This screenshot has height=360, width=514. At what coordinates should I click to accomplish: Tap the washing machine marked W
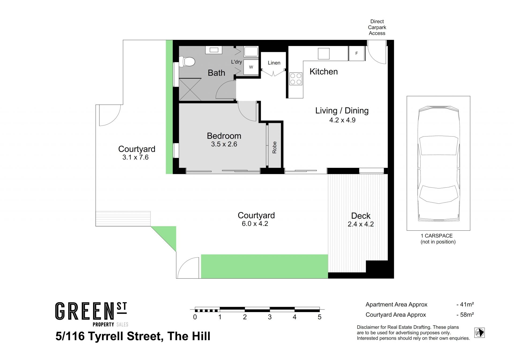click(x=251, y=67)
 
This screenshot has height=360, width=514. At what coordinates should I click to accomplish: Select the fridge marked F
click(x=357, y=54)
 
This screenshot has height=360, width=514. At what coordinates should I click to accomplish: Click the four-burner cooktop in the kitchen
click(x=296, y=79)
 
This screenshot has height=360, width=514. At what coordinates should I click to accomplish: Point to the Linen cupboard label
click(x=274, y=63)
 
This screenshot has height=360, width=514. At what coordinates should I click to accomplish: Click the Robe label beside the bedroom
click(x=274, y=147)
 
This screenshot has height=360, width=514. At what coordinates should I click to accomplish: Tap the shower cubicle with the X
click(x=190, y=89)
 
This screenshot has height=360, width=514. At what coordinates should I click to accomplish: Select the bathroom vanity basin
click(x=214, y=50)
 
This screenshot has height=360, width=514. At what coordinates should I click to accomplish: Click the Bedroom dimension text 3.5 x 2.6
click(x=224, y=144)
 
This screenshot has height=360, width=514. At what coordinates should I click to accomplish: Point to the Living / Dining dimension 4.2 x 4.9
click(x=342, y=120)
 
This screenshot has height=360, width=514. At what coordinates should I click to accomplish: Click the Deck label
click(x=361, y=216)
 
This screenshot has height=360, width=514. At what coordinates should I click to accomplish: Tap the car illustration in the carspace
click(x=439, y=164)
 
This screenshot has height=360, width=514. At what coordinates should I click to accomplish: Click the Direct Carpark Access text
click(x=377, y=27)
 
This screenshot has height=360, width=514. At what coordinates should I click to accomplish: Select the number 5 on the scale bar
click(x=319, y=317)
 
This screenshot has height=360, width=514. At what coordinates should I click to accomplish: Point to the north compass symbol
click(x=479, y=333)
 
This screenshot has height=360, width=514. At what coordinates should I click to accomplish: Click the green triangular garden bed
click(x=168, y=236)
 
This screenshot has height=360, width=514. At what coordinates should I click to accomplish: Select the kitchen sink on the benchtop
click(x=324, y=54)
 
